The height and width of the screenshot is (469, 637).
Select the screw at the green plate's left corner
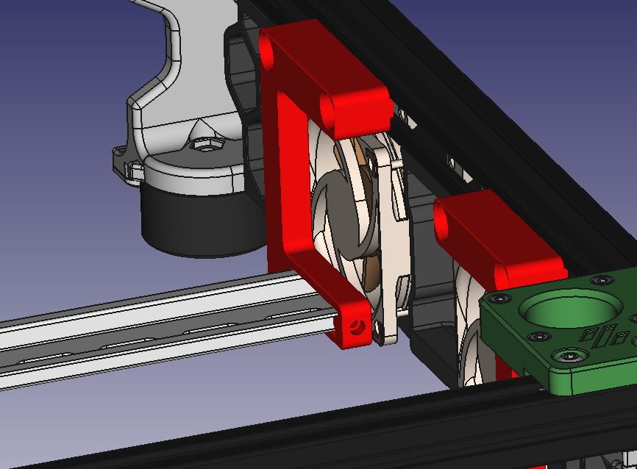[x=499, y=298]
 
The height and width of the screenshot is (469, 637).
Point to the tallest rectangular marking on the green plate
[x=605, y=337]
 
